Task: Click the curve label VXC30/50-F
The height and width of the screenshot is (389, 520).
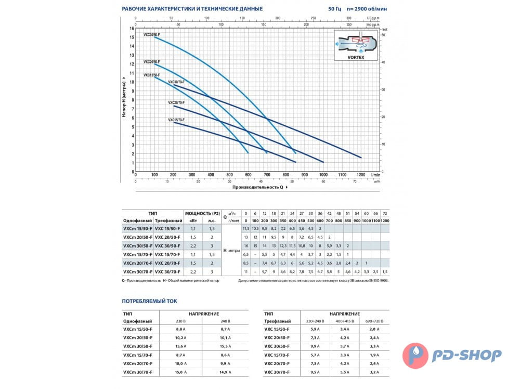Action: (x=152, y=34)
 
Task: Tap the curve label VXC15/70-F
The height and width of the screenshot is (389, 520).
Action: (x=176, y=120)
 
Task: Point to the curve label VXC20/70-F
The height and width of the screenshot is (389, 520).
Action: (x=176, y=103)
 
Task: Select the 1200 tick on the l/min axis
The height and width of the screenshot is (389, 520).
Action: (x=361, y=175)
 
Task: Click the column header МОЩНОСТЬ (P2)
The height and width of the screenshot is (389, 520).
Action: (x=202, y=213)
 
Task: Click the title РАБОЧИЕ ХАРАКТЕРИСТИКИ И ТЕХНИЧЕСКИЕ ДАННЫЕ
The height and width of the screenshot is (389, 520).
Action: (x=192, y=9)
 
